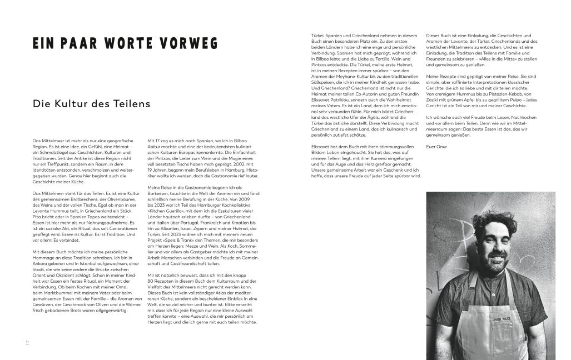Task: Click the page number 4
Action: pos(27,341)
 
